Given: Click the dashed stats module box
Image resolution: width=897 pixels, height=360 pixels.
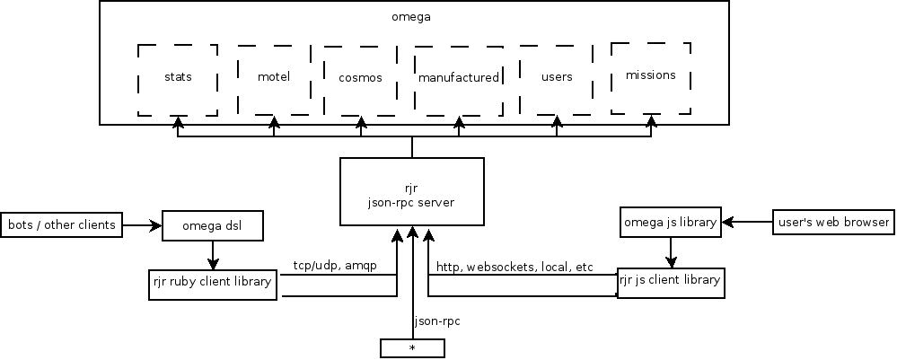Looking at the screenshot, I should coord(178,79).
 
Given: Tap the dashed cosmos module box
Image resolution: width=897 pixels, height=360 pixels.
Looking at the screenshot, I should coord(360,79).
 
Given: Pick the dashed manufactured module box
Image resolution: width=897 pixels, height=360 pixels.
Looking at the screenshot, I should coord(458,79).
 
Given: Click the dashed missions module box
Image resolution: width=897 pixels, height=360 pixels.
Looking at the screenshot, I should coord(651,77).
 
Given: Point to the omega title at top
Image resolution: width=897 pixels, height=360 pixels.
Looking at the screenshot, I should coord(411,16).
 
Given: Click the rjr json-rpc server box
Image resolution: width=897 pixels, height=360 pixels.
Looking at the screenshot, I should coord(412,191).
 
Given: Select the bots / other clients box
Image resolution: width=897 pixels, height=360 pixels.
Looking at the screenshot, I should coord(61,224).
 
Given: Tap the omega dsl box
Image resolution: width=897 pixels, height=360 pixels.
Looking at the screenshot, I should coord(213,225).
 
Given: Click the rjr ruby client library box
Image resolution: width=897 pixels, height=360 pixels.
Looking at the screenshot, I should coord(212,283).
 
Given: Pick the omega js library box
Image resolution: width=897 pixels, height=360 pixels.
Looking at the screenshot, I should coord(671,222).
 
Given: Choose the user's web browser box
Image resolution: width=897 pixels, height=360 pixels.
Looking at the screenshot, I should coord(832,222).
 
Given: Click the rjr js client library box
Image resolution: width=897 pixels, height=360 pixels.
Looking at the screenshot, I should coord(670,282).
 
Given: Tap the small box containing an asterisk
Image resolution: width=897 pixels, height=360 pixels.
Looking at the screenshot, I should coord(412,347).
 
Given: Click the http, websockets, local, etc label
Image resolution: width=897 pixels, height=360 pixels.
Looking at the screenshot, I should coord(514,268).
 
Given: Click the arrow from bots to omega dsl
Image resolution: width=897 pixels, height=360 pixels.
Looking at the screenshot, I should coord(142,224).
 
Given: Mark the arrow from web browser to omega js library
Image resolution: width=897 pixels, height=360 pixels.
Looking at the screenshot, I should coord(748,222).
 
